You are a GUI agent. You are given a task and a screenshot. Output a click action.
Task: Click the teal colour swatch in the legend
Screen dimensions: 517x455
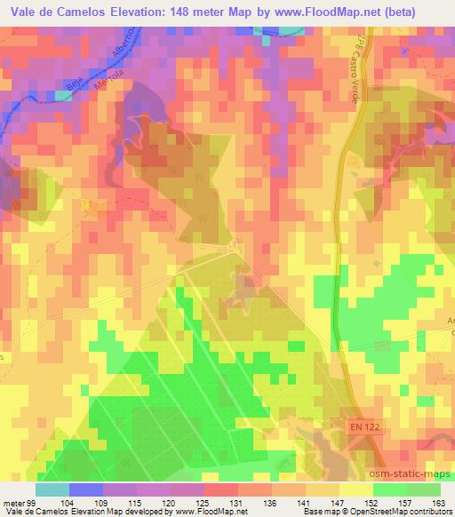tap(52, 489)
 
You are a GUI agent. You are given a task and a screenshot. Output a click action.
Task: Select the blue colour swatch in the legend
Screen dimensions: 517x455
tap(84, 489)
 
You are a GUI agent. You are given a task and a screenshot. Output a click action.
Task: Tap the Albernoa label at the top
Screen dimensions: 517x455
tap(124, 39)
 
